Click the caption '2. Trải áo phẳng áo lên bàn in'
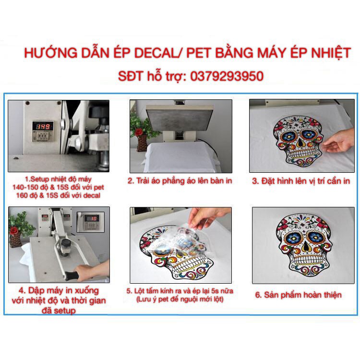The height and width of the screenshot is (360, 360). coord(180,181)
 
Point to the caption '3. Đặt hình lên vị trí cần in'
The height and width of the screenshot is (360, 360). coord(301,181)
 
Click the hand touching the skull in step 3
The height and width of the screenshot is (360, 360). coord(339,140)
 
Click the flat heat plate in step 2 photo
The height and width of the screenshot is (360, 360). coord(179,115)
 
